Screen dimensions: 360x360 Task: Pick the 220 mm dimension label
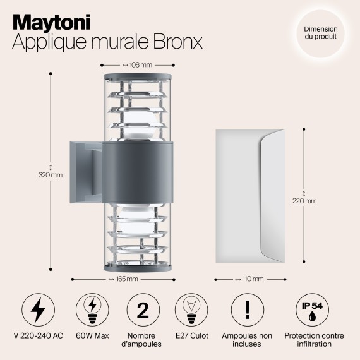(x=306, y=201)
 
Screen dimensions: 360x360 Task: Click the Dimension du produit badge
(x=320, y=33)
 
